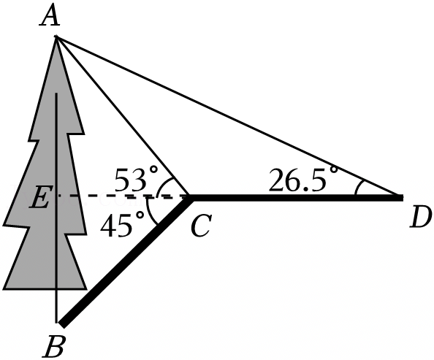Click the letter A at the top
[x=50, y=16]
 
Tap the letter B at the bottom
[x=54, y=346]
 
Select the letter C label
[x=201, y=225]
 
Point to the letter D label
[x=421, y=217]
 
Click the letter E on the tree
[x=39, y=196]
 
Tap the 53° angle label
[x=136, y=179]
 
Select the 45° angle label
[x=122, y=223]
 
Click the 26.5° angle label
[x=303, y=179]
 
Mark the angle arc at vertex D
[x=357, y=188]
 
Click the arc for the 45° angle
[x=150, y=212]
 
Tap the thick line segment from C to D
[x=296, y=198]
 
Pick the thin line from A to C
[x=122, y=116]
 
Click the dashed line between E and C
[x=123, y=196]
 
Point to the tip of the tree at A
[x=56, y=37]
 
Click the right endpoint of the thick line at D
[x=403, y=198]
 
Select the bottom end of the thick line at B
[x=61, y=325]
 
